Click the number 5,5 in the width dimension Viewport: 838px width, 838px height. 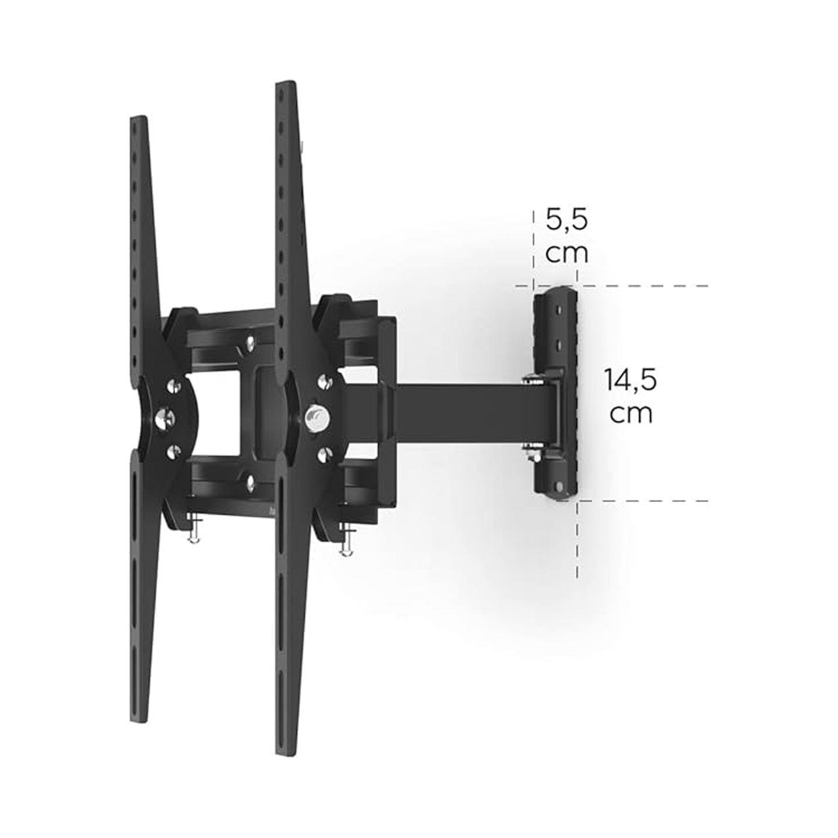click(567, 220)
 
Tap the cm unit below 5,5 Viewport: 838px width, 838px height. click(567, 253)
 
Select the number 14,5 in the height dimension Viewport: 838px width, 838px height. click(630, 381)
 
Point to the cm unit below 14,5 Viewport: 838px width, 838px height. click(631, 414)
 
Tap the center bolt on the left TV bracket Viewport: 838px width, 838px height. click(165, 417)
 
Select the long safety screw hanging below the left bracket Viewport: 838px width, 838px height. click(192, 527)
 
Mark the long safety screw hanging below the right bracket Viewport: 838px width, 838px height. click(346, 540)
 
